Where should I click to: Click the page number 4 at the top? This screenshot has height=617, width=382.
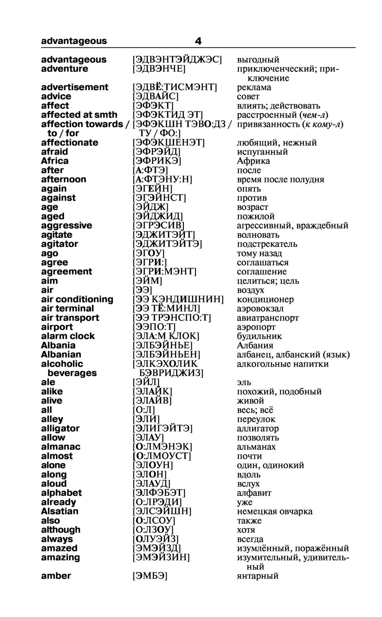coord(198,41)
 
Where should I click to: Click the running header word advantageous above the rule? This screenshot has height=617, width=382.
coord(74,41)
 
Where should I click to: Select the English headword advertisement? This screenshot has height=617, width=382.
coord(74,87)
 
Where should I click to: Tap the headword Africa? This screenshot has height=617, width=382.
coord(55,161)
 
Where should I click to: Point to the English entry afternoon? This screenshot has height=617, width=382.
coord(63,179)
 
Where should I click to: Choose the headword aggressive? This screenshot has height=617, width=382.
coord(66,225)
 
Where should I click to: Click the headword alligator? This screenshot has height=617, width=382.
coord(60,428)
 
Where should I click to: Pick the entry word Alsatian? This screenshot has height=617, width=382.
coord(60,511)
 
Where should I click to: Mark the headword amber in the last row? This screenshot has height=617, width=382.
coord(56,575)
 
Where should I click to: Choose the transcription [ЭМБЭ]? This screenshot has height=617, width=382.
coord(150,575)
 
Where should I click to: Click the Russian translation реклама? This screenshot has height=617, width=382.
coord(254,87)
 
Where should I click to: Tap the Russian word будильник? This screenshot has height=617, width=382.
coord(259,336)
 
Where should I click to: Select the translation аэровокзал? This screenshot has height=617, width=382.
coord(260,308)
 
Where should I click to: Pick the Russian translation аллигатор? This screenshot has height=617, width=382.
coord(258,428)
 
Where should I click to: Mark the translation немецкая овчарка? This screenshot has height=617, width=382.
coord(275,511)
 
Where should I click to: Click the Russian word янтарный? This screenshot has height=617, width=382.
coord(257,575)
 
